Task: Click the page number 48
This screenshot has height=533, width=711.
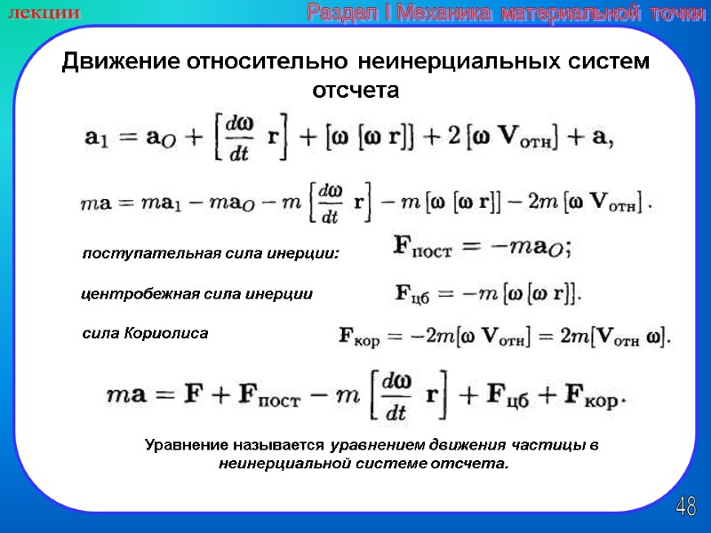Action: coord(685,507)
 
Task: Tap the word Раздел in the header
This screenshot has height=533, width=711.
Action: coord(341,12)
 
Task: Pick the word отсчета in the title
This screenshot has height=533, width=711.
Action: coord(356,91)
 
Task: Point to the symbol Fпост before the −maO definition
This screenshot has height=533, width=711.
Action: coord(422,249)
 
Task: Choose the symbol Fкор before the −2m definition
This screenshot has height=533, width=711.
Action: coord(361,336)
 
